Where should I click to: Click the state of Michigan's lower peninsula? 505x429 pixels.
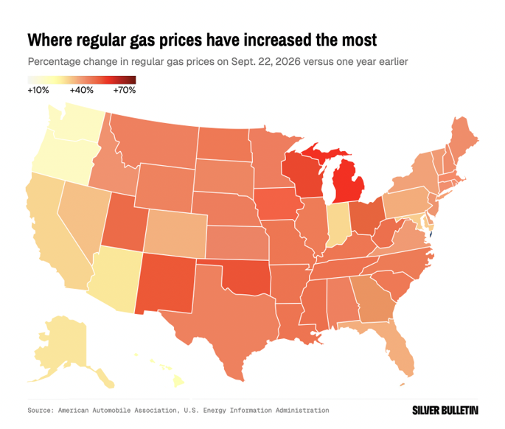(348, 184)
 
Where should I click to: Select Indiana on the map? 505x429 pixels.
(338, 224)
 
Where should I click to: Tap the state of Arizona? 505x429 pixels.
(116, 279)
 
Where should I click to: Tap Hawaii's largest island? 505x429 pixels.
(178, 382)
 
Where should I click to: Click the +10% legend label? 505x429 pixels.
(38, 90)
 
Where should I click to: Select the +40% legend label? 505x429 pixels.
(82, 90)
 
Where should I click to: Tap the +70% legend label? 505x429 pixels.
(125, 90)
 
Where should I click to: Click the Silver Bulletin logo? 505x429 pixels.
(445, 411)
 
